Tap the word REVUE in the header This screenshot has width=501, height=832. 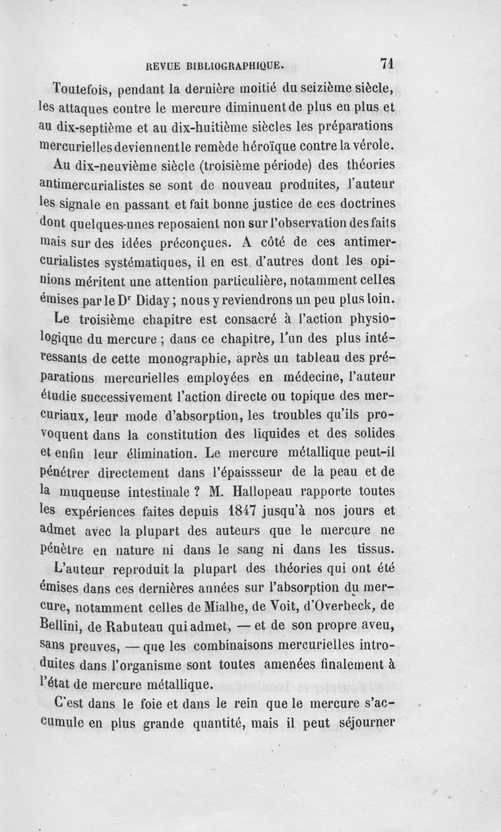click(x=162, y=64)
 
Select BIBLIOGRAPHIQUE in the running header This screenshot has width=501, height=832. click(x=237, y=64)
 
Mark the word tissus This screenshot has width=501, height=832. click(x=375, y=550)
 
